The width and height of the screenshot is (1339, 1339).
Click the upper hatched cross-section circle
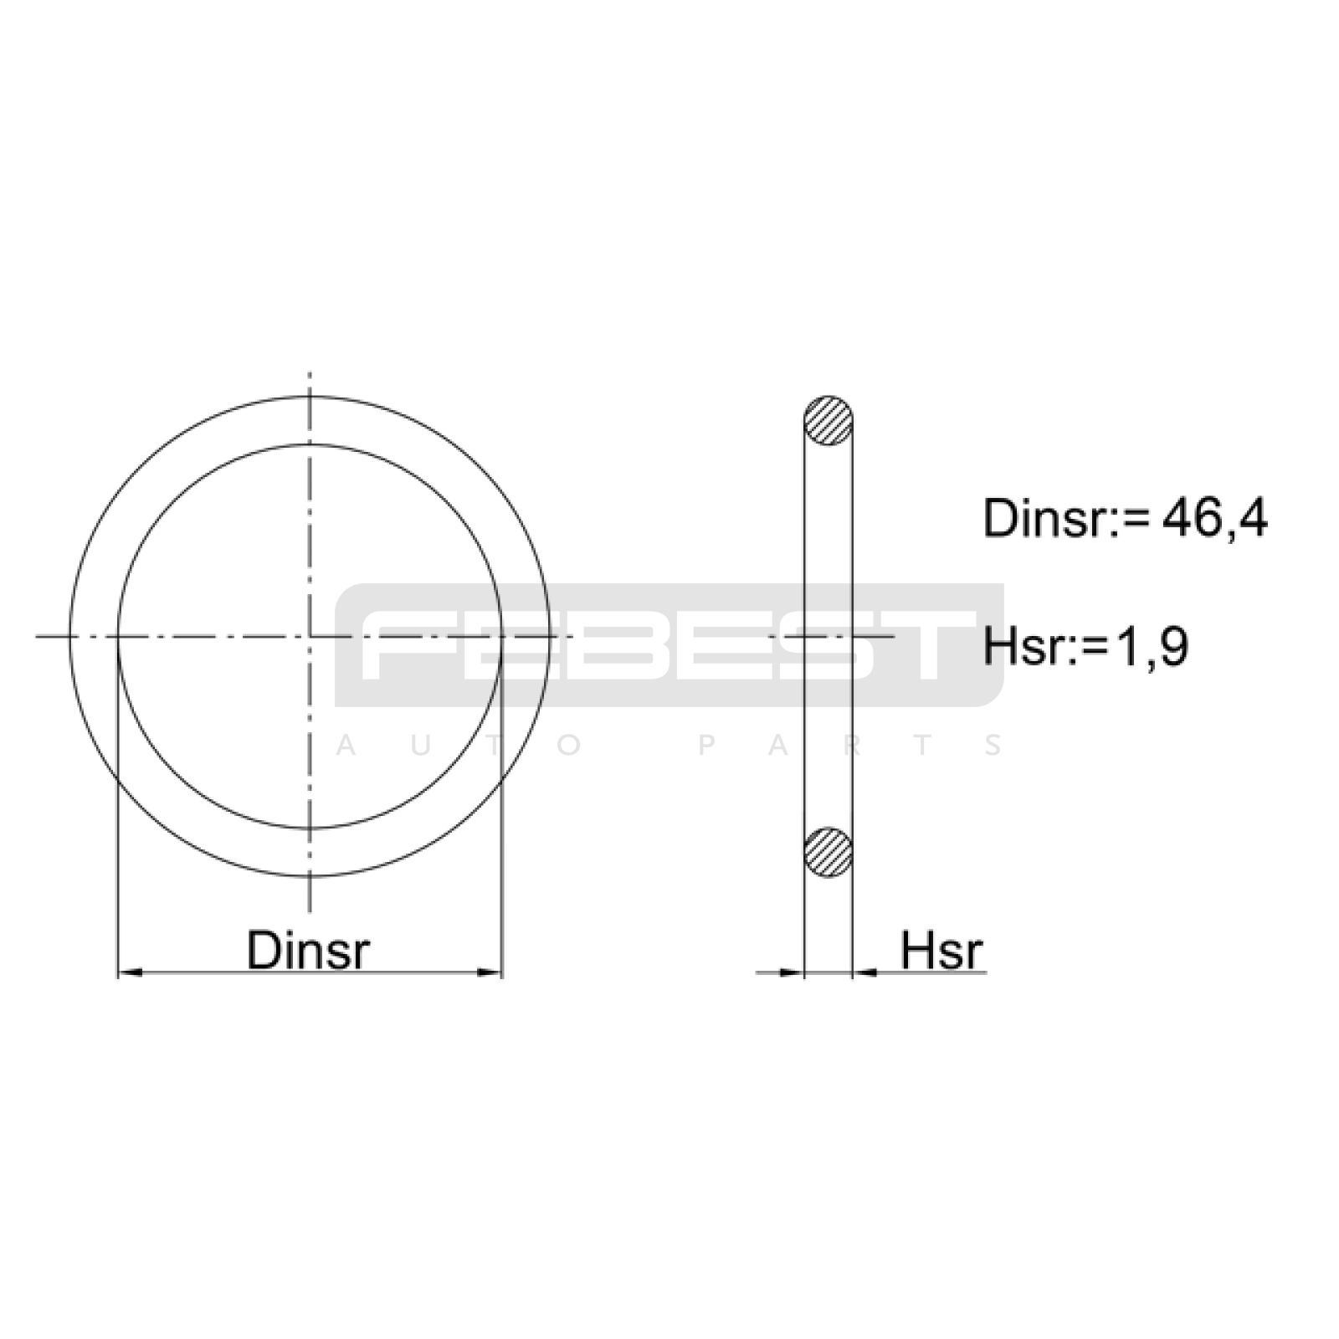(829, 420)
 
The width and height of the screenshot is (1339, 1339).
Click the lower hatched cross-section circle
(829, 853)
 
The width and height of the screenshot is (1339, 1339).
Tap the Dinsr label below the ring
(308, 950)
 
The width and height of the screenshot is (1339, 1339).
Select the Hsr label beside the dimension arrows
(941, 950)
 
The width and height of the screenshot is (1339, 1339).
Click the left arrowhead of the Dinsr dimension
(130, 972)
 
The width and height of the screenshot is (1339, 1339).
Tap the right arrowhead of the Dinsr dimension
(490, 972)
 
